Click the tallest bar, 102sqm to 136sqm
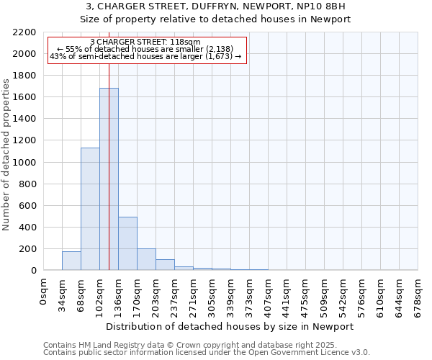click(x=109, y=179)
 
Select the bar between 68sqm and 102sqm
click(x=90, y=209)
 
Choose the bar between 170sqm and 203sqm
click(x=146, y=259)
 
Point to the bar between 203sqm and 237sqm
click(x=165, y=264)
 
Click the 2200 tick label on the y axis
click(x=24, y=32)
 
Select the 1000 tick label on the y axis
click(x=24, y=163)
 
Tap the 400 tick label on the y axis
click(x=27, y=228)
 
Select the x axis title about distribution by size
click(x=230, y=326)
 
